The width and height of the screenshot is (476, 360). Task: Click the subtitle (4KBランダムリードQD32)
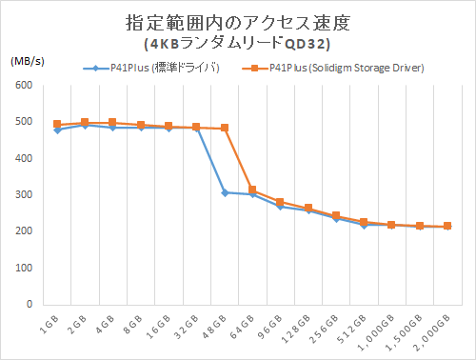[237, 43]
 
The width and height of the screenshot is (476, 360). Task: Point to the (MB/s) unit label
[29, 60]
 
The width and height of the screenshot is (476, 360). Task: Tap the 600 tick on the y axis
[26, 86]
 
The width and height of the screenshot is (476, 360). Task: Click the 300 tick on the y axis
[26, 195]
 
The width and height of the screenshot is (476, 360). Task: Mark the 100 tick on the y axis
[26, 269]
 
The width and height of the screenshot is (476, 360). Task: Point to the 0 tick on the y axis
[31, 305]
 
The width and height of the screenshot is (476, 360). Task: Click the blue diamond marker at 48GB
[225, 192]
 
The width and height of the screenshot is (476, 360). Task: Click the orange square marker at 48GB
[225, 128]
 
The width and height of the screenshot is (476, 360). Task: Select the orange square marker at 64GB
[252, 190]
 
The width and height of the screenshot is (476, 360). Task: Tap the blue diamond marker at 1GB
[57, 130]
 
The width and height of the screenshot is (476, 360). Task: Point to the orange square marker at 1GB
[57, 124]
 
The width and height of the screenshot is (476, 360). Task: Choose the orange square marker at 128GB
[308, 208]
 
